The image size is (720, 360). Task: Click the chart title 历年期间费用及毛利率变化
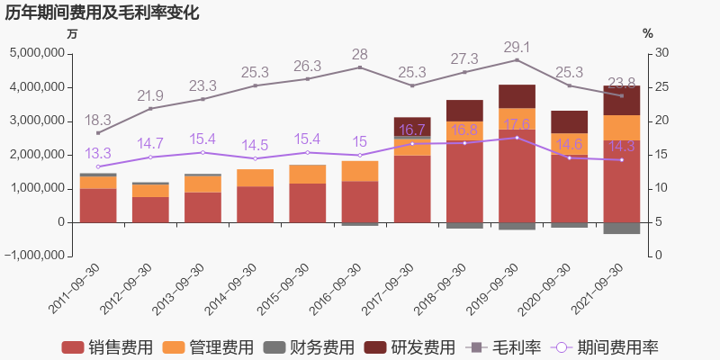(x=102, y=13)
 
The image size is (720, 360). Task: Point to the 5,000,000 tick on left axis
(x=37, y=53)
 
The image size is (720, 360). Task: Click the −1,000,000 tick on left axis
(x=34, y=256)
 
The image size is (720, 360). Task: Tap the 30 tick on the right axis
(x=661, y=53)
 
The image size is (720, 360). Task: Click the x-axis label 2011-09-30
(x=76, y=287)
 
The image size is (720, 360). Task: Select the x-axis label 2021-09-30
(x=599, y=287)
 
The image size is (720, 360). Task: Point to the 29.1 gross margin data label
(x=516, y=47)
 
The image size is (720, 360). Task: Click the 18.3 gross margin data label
(x=97, y=120)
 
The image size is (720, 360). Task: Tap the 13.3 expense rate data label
(x=97, y=153)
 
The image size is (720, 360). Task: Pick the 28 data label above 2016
(x=359, y=54)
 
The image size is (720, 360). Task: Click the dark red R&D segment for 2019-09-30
(x=517, y=96)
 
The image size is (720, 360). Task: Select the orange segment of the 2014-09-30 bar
(x=255, y=177)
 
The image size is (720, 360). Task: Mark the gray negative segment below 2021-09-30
(x=621, y=228)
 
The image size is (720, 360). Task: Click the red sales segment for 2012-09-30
(x=150, y=209)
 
